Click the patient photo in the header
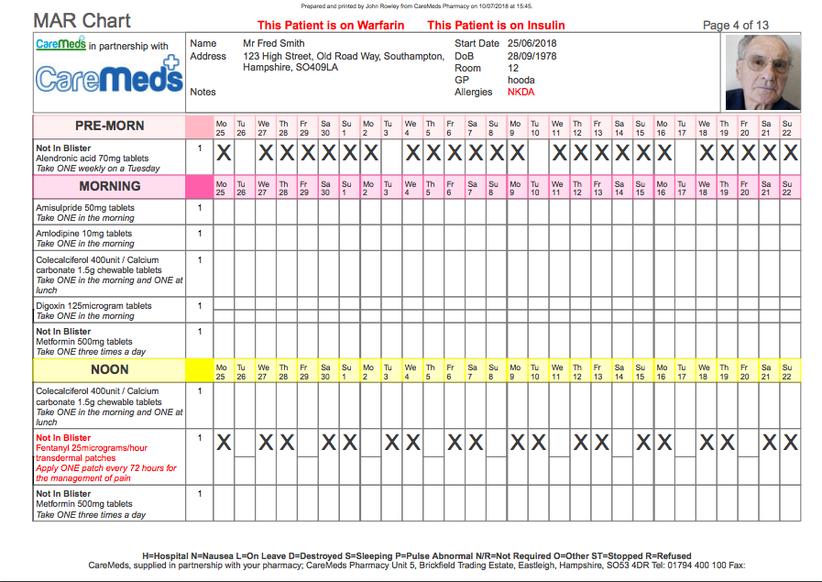tap(762, 72)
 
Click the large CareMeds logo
tap(108, 77)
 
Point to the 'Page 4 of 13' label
tap(735, 26)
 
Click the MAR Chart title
tap(82, 21)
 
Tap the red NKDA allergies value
tap(521, 92)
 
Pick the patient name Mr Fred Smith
tap(274, 43)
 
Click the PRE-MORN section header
tap(109, 126)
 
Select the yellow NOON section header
tap(109, 370)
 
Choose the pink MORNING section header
tap(109, 187)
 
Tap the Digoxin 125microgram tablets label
tap(93, 306)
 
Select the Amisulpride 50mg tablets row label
tap(85, 208)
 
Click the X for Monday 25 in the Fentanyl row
tap(223, 443)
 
